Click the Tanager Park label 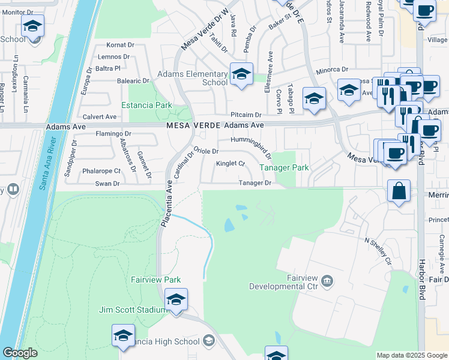pos(284,167)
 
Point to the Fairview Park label pos(156,280)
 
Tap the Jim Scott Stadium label pos(132,310)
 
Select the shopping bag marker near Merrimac pos(399,192)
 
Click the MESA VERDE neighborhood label pos(193,125)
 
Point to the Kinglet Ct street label pos(231,163)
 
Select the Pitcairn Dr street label pos(246,115)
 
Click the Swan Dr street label pos(107,184)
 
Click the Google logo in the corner pos(20,353)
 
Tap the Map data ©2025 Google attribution pos(411,355)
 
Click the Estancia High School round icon pos(209,341)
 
